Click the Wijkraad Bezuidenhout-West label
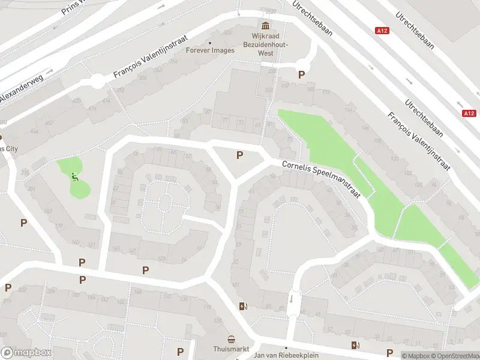coord(266,44)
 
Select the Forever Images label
coord(210,50)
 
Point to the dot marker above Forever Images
coord(210,43)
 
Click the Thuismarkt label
coord(231,349)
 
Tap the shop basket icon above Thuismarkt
coord(231,339)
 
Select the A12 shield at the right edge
coord(469,113)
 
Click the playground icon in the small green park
coord(74,176)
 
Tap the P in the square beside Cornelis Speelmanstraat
coord(239,155)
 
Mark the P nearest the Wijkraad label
coord(301,75)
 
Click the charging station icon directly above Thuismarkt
coord(242,306)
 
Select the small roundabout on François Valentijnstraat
coord(97,80)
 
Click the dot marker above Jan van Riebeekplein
coord(286,347)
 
